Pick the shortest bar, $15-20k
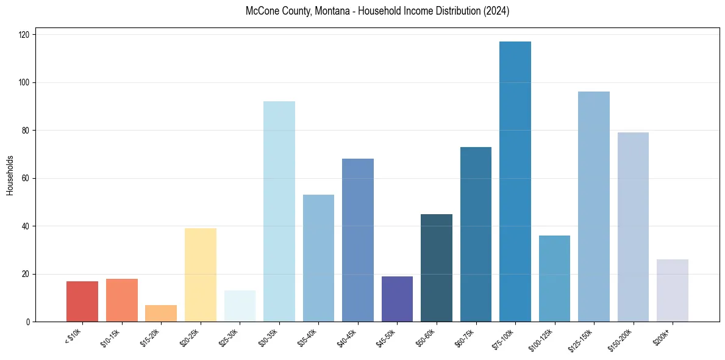tap(161, 313)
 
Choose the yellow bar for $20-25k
tap(200, 275)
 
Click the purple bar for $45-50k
tap(397, 298)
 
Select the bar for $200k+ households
tap(672, 290)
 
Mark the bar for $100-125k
tap(554, 278)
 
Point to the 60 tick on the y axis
tap(27, 178)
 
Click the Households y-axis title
tap(10, 176)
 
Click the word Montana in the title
tap(329, 11)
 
